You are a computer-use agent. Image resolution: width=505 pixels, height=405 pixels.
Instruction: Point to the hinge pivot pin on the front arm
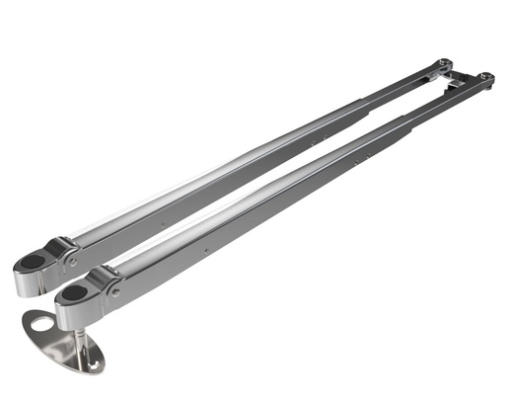click(x=115, y=292)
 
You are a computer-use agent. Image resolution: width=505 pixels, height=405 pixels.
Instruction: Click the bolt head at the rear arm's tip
click(x=444, y=64)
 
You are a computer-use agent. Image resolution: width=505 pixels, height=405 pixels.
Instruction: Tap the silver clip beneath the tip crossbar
click(x=457, y=87)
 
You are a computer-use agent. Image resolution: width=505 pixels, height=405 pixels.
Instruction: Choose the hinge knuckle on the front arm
click(x=103, y=283)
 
